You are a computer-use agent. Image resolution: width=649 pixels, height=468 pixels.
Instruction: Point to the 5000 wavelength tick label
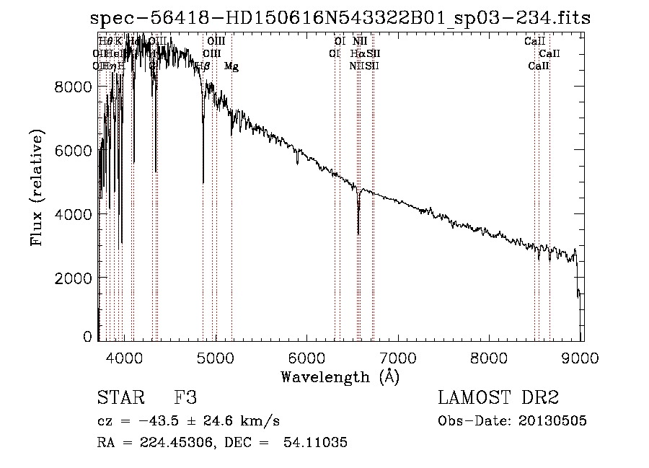pyautogui.click(x=216, y=357)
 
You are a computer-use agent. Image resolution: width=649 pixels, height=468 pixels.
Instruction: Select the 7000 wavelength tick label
pyautogui.click(x=399, y=357)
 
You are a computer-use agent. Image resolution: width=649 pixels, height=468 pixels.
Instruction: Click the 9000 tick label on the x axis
pyautogui.click(x=582, y=357)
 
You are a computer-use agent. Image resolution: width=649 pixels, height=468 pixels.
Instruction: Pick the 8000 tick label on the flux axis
pyautogui.click(x=73, y=87)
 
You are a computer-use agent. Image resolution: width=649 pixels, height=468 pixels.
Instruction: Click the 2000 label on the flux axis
pyautogui.click(x=73, y=278)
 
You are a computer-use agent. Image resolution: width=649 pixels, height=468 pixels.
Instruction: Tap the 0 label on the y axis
pyautogui.click(x=87, y=337)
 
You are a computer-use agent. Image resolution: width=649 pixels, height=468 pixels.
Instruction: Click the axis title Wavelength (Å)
pyautogui.click(x=340, y=376)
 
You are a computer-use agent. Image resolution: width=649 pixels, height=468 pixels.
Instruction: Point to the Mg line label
pyautogui.click(x=231, y=66)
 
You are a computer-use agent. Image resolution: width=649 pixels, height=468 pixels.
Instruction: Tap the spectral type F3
pyautogui.click(x=186, y=398)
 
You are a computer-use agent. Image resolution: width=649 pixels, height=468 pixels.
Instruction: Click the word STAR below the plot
pyautogui.click(x=119, y=398)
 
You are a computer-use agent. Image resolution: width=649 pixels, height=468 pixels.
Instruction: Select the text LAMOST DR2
pyautogui.click(x=498, y=398)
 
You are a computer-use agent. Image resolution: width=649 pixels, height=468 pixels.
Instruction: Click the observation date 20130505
pyautogui.click(x=554, y=421)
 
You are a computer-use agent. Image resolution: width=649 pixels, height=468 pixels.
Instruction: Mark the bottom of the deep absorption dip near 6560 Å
pyautogui.click(x=358, y=234)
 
